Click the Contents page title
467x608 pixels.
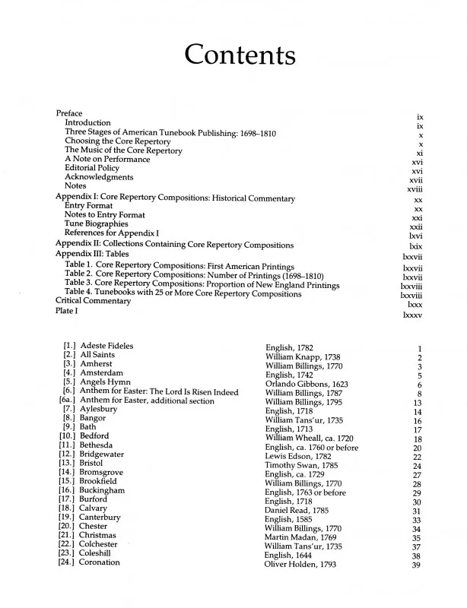(x=240, y=55)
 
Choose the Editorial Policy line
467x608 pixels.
(x=98, y=169)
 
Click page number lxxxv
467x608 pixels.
(x=412, y=314)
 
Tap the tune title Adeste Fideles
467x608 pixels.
(x=106, y=347)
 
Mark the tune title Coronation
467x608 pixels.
(x=100, y=562)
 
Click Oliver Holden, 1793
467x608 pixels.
(x=299, y=564)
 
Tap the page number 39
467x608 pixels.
(x=416, y=565)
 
